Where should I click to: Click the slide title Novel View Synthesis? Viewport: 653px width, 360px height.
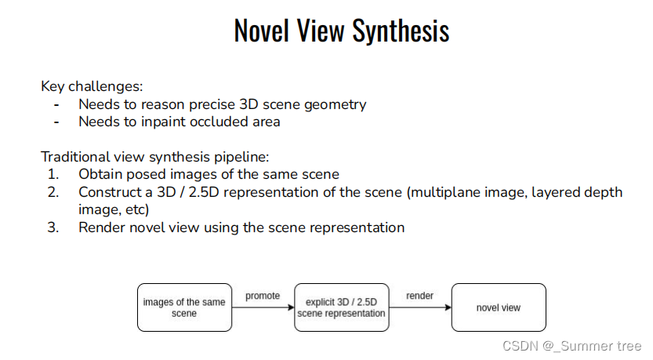342,31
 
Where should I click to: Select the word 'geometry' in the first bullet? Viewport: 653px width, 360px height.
339,104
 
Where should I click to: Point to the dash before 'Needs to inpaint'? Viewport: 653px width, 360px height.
56,122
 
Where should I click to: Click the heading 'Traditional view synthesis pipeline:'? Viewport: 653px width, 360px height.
154,157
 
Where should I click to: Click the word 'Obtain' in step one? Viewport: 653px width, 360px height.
100,174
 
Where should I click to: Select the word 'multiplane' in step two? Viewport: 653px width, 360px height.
458,192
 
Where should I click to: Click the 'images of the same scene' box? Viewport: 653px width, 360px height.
184,307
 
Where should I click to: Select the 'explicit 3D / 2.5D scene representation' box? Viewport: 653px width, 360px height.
341,307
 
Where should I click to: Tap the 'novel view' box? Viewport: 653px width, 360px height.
498,307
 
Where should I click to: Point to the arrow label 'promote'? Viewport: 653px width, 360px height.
262,296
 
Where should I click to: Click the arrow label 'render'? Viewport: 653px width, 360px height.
419,296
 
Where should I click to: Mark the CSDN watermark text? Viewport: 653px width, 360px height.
571,346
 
